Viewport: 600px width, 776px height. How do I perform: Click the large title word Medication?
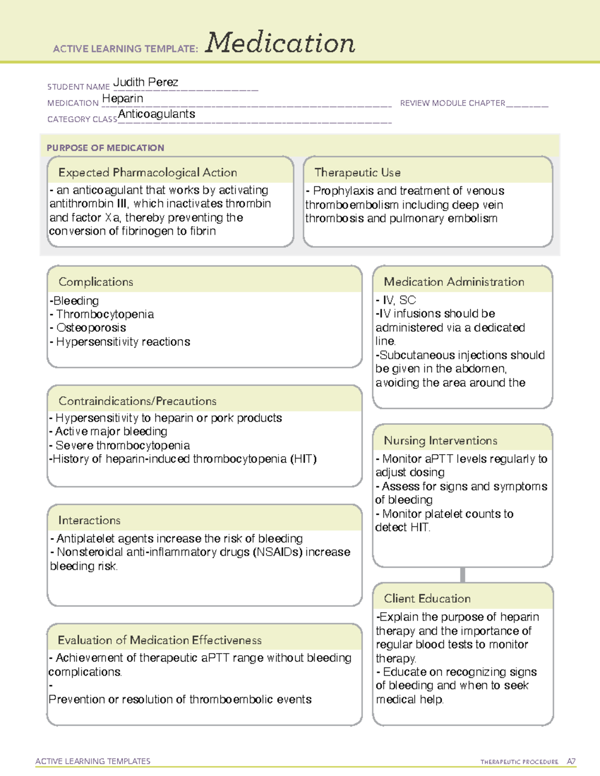point(279,43)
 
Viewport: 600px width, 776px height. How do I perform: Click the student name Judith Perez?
point(145,82)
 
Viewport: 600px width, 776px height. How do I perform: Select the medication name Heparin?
point(122,99)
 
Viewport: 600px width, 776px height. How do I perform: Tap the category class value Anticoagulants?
point(156,114)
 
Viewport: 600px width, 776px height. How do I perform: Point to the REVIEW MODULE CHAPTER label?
point(452,103)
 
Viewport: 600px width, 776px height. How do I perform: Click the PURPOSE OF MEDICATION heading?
point(105,148)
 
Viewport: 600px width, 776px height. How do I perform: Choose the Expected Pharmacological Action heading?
point(147,172)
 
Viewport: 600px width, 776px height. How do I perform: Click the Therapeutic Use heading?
point(357,172)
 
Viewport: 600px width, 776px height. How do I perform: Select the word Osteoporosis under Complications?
point(91,328)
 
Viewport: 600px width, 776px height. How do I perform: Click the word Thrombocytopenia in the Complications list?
point(105,314)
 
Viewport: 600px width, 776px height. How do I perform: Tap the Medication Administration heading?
point(453,282)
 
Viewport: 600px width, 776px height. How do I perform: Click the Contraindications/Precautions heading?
point(137,401)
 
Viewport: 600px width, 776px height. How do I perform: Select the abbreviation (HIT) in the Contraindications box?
point(303,459)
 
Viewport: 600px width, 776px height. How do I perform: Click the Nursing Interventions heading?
point(440,441)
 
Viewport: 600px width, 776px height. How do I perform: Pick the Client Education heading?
point(427,599)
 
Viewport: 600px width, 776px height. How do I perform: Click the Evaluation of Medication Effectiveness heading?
point(159,640)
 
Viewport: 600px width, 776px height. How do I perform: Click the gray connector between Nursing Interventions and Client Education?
point(462,575)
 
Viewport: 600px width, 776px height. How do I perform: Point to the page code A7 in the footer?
point(570,762)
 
